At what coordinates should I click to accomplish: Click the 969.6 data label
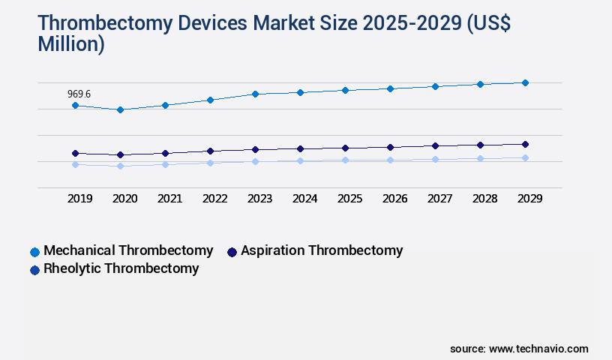click(x=79, y=94)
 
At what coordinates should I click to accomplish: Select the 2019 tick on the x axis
click(x=79, y=199)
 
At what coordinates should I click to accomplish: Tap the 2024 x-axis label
click(x=304, y=199)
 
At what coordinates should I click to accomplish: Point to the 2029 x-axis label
click(x=529, y=199)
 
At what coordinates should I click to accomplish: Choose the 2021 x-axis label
click(x=169, y=199)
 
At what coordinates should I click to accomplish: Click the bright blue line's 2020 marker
click(x=120, y=109)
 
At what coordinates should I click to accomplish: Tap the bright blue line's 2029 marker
click(x=525, y=82)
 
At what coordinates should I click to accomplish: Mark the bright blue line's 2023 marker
click(x=255, y=94)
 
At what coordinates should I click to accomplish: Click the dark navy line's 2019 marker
click(x=75, y=153)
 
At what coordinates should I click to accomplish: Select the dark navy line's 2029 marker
click(x=525, y=144)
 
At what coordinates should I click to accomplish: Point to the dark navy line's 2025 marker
click(x=345, y=148)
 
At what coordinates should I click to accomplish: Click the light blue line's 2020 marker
click(x=120, y=166)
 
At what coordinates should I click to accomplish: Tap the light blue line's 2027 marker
click(x=435, y=159)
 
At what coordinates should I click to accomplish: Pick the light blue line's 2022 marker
click(x=210, y=163)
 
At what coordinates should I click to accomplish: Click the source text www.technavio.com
click(x=538, y=349)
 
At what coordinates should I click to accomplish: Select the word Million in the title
click(x=71, y=44)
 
